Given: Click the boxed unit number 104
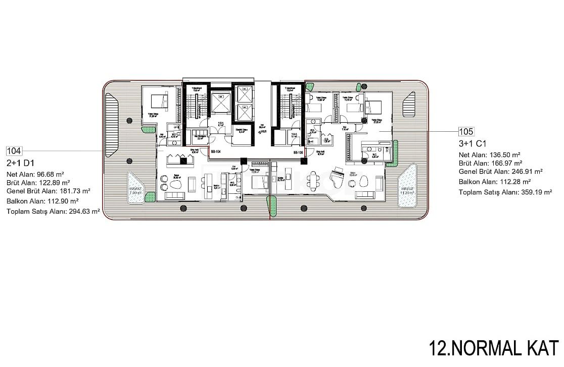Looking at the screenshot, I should (x=14, y=151).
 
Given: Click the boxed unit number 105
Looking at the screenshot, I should (x=465, y=132).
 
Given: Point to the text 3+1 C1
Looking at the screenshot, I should (x=473, y=144).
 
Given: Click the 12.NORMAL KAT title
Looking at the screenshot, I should (x=493, y=348).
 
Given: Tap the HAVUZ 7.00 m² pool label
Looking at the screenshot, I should (x=134, y=190).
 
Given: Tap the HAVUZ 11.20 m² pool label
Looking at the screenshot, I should (x=407, y=190).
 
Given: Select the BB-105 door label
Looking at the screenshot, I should (x=298, y=152).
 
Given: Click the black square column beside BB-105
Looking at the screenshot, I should (x=303, y=161).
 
